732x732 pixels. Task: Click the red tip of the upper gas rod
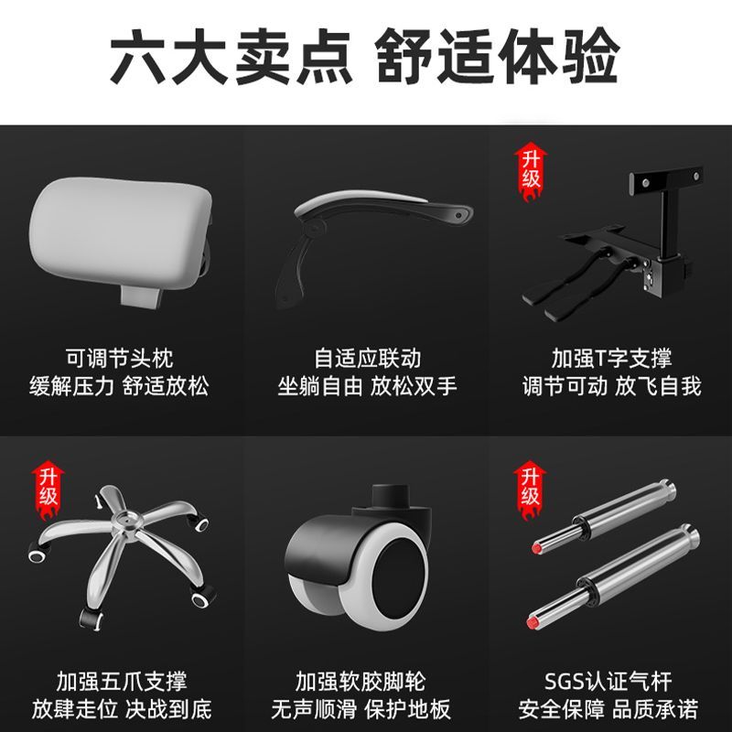coord(537,547)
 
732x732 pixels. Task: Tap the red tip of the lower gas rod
coord(533,622)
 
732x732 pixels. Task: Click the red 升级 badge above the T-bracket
coord(531,171)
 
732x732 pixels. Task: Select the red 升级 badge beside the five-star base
coord(48,490)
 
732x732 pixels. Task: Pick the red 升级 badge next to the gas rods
coord(531,490)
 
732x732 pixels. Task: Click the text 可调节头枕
coord(120,358)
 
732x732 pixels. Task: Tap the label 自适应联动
coord(368,358)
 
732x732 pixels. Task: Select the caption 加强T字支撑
coord(611,358)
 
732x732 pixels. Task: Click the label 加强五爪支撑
coord(122,681)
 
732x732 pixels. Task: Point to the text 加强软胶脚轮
coord(361,681)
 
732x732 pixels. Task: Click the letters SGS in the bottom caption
coord(565,682)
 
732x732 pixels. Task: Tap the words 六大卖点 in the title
coord(231,57)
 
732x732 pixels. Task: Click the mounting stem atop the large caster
coord(391,496)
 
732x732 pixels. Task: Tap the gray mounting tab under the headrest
coord(141,296)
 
